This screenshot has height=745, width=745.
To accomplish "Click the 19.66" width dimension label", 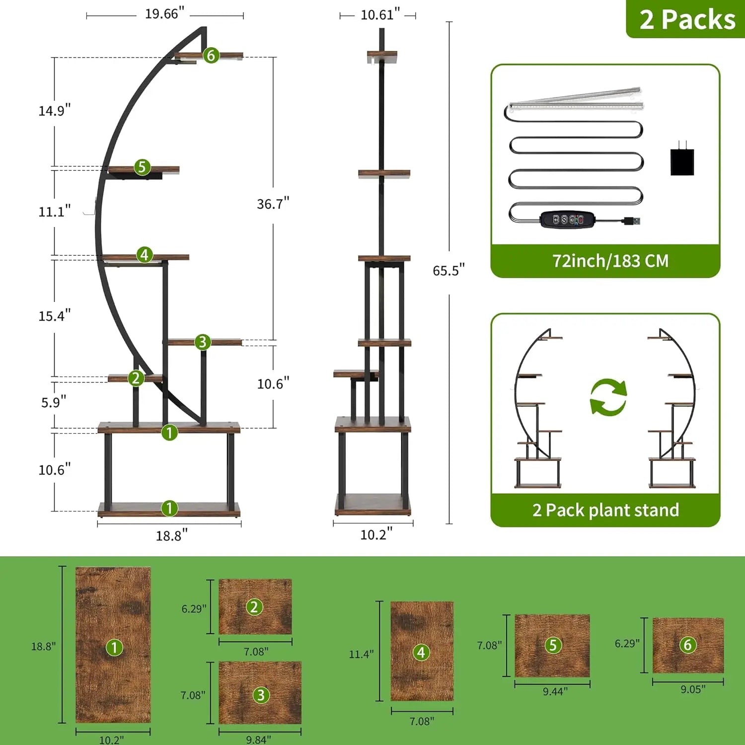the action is click(164, 14).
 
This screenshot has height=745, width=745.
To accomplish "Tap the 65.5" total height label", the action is click(448, 270).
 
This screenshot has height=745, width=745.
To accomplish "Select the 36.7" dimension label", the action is click(273, 204).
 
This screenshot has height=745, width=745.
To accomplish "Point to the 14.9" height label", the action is click(55, 110).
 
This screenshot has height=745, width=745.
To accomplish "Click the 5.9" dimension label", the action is click(54, 402).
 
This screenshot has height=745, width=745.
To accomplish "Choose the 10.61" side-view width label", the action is click(380, 15).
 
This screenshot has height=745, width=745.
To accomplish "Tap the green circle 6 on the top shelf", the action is click(211, 55).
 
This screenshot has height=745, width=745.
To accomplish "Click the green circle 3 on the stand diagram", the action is click(202, 342).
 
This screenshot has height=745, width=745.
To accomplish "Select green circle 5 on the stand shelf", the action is click(142, 167).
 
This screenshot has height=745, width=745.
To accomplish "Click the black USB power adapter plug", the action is click(682, 159).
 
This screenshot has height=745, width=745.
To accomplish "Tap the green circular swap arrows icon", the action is click(608, 397).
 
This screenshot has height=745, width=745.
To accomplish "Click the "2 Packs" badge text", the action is click(687, 20).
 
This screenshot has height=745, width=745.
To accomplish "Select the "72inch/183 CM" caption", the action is click(610, 261).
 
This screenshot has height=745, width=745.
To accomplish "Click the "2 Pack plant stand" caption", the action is click(605, 510).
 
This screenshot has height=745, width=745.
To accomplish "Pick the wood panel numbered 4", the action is click(422, 651).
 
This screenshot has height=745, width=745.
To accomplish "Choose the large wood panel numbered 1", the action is click(113, 645).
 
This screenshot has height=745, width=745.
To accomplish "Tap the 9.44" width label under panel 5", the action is click(555, 691).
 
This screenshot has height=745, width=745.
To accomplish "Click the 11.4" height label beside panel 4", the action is click(361, 654).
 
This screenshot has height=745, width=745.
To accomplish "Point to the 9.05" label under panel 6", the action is click(692, 689).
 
